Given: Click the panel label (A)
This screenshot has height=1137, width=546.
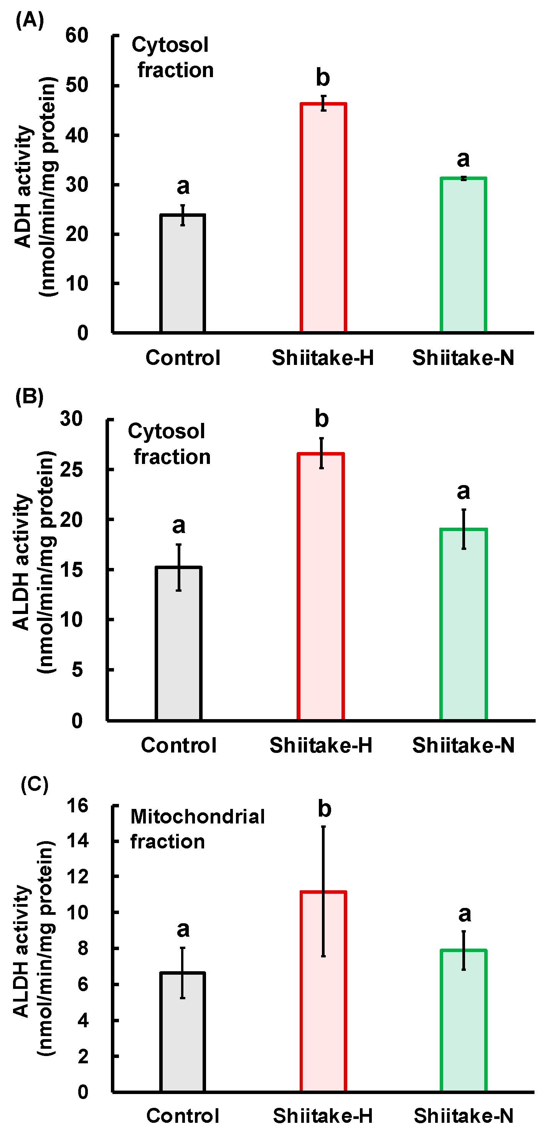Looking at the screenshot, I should [30, 20].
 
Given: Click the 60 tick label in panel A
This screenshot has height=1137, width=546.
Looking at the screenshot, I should [77, 35].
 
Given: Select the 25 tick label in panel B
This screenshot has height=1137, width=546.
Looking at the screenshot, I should [71, 469].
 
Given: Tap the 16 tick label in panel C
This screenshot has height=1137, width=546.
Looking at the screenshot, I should [77, 805].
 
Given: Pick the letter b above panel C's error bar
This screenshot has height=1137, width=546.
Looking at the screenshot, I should [325, 809].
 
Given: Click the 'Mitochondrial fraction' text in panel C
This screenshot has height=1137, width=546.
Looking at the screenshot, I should [197, 829].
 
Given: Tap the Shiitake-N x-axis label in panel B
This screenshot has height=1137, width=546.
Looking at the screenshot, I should [464, 745].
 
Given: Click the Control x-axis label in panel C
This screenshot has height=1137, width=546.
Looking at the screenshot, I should [183, 1116].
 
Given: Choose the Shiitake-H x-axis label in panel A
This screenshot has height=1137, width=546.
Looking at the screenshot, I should [323, 358].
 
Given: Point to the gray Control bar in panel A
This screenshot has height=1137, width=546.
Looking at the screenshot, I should [183, 273].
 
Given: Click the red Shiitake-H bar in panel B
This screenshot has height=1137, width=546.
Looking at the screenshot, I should [321, 587].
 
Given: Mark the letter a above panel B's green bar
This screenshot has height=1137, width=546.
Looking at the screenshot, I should [464, 491].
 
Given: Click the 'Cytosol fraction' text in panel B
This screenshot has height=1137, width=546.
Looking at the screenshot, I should [170, 444].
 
